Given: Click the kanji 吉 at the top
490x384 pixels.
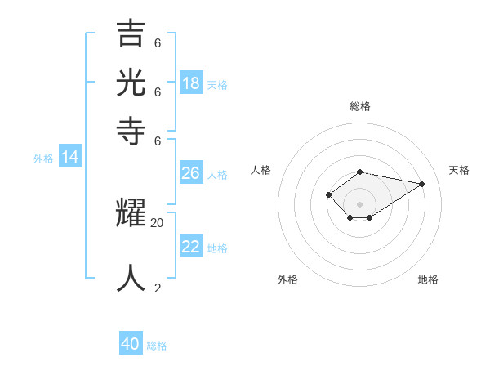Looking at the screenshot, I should [x=131, y=33].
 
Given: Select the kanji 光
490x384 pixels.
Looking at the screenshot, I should [x=131, y=82].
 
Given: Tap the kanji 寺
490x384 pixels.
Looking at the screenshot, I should [x=131, y=130].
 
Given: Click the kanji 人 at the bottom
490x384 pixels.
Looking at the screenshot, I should [x=131, y=278].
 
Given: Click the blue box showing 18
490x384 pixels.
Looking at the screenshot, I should [x=191, y=83].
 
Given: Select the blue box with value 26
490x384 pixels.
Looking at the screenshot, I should [x=190, y=173].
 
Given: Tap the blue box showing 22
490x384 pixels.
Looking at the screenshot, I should [x=190, y=247].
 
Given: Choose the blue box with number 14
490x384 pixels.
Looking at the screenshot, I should [x=70, y=157].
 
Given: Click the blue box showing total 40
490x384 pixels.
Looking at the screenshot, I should [x=131, y=344].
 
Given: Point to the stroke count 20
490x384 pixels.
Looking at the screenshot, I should [x=158, y=222].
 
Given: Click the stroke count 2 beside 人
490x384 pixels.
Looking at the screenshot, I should [x=158, y=288].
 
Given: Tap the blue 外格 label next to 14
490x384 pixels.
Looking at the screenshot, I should [x=43, y=159].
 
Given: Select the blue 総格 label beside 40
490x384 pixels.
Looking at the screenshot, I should [x=157, y=346].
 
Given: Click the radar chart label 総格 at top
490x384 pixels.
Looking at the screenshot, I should [x=360, y=106].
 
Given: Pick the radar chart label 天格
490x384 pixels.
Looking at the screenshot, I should [x=459, y=170].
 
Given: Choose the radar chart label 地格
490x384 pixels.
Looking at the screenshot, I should [x=428, y=279].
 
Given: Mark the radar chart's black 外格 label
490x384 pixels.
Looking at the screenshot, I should [x=287, y=279].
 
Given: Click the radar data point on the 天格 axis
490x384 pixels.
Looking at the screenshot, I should [x=421, y=184].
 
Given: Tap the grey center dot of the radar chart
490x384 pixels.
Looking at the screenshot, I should [x=360, y=203].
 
